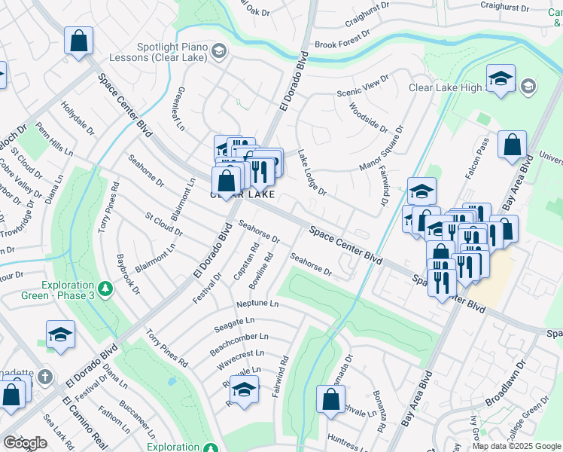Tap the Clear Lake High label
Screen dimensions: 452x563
444,87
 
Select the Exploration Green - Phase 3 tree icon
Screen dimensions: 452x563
106,288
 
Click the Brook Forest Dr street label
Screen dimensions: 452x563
344,44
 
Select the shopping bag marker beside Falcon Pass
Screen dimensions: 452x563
512,146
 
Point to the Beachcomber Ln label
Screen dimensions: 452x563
239,337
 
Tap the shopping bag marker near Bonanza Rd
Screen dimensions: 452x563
330,400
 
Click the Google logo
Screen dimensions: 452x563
25,443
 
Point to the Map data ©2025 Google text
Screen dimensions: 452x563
516,446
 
